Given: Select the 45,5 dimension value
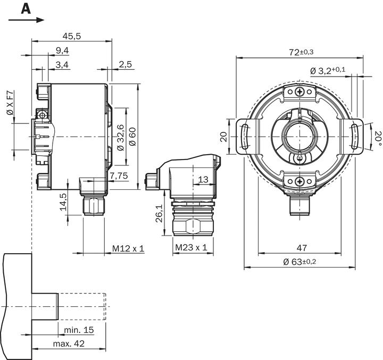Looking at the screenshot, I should pos(71,36).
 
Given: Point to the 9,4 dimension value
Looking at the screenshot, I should pos(62,51).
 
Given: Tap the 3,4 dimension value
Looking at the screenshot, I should pos(62,64).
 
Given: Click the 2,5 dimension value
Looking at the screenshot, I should pos(126,64).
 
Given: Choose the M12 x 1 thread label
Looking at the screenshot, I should pos(128,248).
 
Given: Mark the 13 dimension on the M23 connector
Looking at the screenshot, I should pos(203,180).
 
